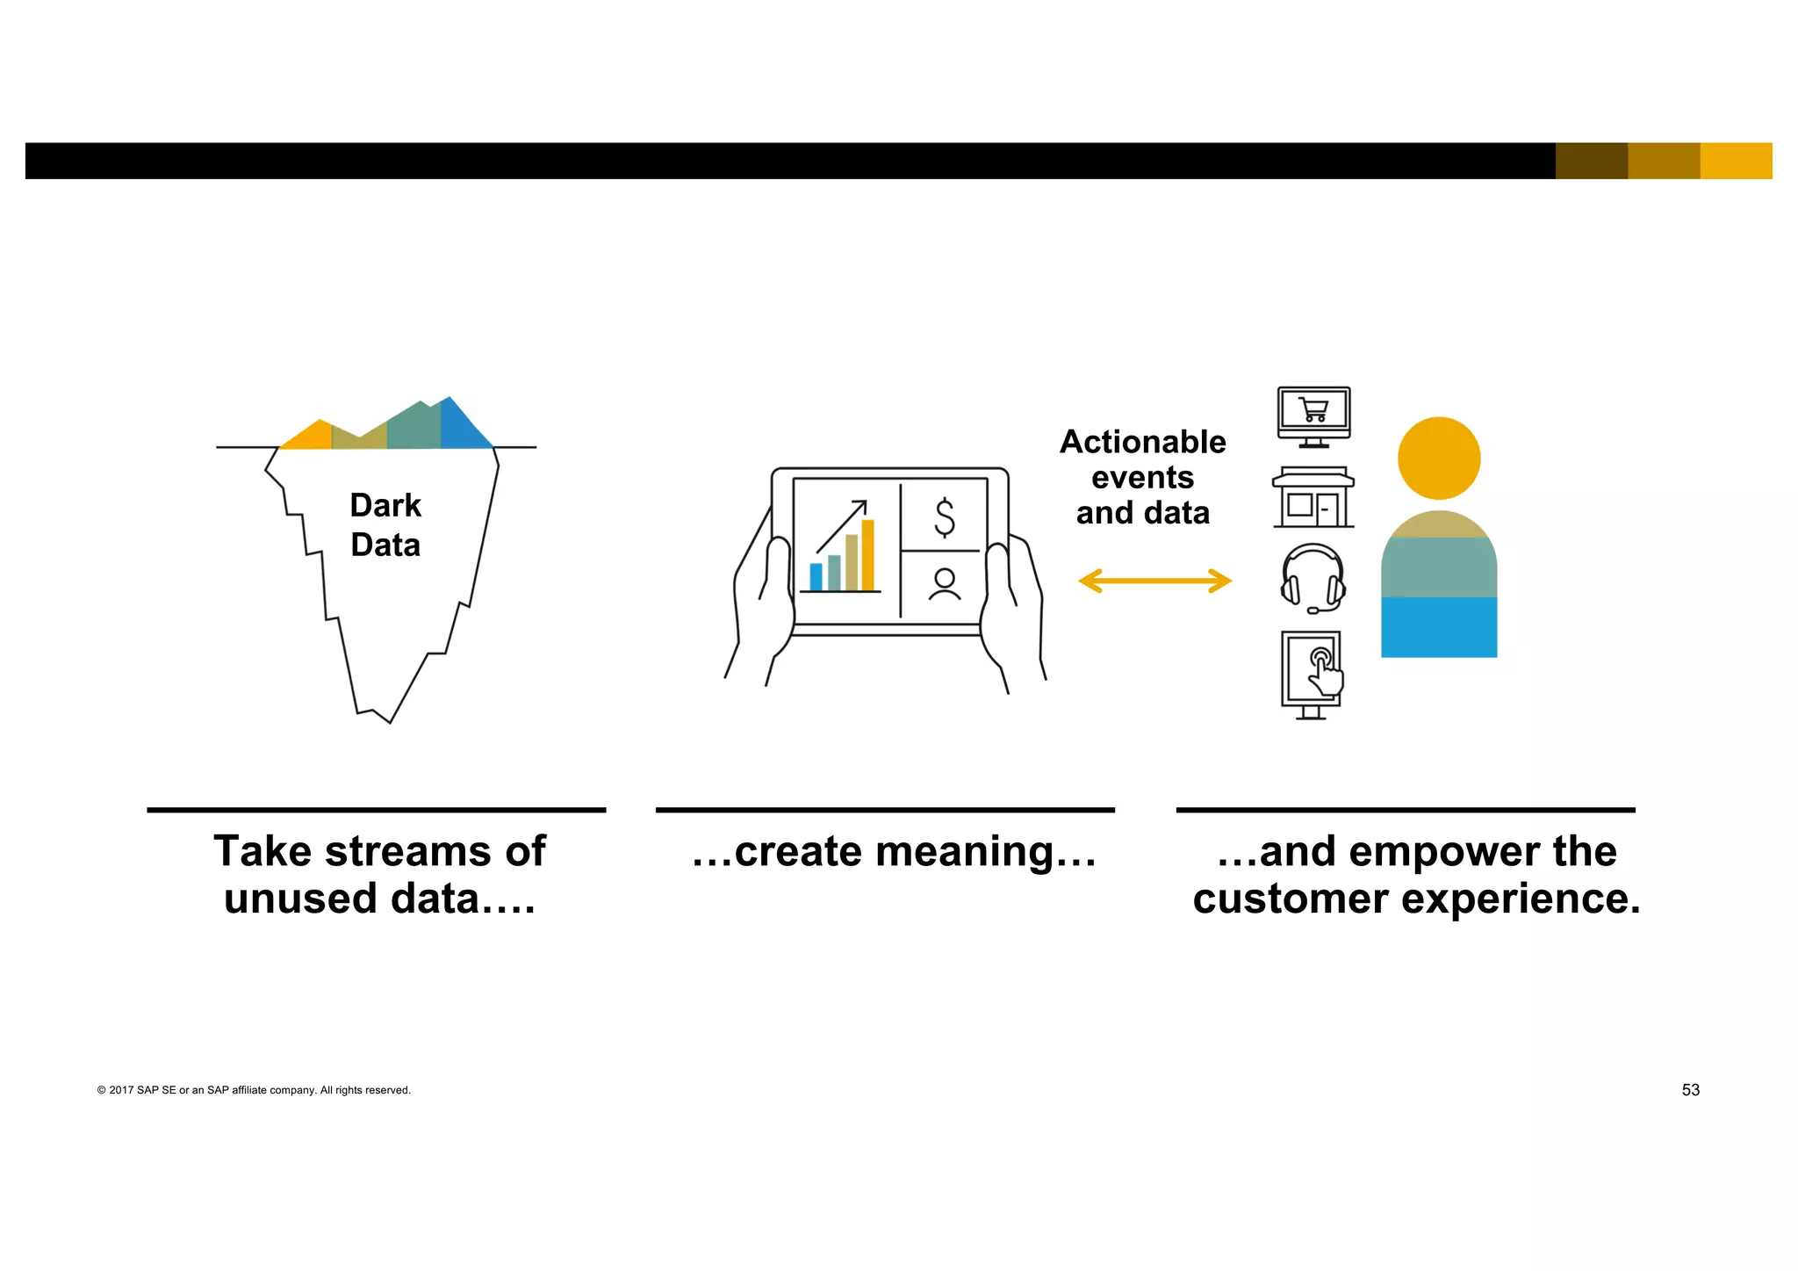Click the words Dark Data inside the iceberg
[385, 525]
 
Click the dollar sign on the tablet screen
[945, 517]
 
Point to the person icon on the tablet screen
[945, 584]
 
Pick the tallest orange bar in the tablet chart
[867, 555]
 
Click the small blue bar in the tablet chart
[816, 576]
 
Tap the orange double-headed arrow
[1154, 581]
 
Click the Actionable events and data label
[1142, 477]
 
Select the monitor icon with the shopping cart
[1313, 416]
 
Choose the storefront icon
[1313, 497]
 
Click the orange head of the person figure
[1439, 458]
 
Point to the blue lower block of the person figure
[1439, 627]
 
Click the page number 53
[1690, 1090]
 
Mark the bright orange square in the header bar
[1736, 161]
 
